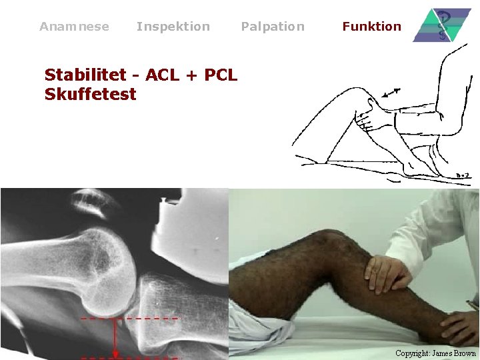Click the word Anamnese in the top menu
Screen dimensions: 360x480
pyautogui.click(x=74, y=27)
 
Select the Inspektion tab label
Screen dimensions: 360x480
pyautogui.click(x=173, y=27)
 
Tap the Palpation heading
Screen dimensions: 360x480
pyautogui.click(x=272, y=27)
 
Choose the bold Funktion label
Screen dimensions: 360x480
pyautogui.click(x=371, y=27)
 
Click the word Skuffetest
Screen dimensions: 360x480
pyautogui.click(x=90, y=94)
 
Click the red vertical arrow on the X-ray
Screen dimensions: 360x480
pyautogui.click(x=116, y=337)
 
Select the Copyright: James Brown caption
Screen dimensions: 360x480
pyautogui.click(x=435, y=353)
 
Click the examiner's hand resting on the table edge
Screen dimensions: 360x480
pyautogui.click(x=460, y=326)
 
